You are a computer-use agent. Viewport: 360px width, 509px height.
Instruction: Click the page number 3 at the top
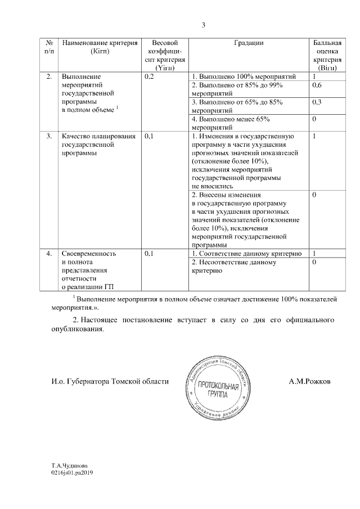click(x=204, y=25)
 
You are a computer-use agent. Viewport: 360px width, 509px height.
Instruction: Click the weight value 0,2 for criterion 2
click(x=149, y=76)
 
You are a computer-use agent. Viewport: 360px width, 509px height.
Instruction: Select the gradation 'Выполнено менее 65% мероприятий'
click(x=231, y=123)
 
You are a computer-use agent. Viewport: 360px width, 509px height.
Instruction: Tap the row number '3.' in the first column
click(x=49, y=136)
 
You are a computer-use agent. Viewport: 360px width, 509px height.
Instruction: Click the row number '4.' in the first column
click(x=49, y=254)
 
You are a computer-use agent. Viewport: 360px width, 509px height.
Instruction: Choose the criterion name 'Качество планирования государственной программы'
click(x=98, y=144)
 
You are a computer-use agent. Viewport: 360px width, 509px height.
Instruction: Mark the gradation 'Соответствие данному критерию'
click(x=247, y=254)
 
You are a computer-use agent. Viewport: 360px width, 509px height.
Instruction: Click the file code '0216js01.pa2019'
click(x=72, y=474)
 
